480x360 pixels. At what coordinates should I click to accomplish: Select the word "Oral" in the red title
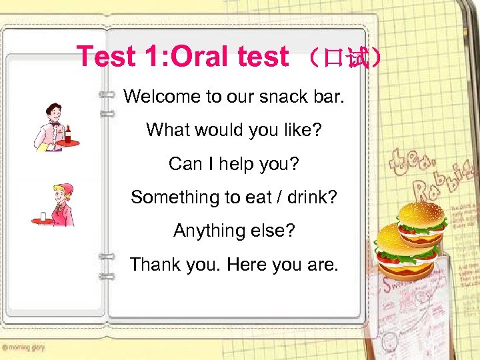pos(197,57)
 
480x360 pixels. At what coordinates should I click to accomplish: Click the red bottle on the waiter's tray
pos(68,134)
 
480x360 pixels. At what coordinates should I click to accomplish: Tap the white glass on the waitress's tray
pos(42,216)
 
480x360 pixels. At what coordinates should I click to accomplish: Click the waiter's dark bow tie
pos(55,124)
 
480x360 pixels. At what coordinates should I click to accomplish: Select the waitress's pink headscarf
pos(65,189)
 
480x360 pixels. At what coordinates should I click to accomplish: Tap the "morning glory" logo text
pos(23,347)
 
